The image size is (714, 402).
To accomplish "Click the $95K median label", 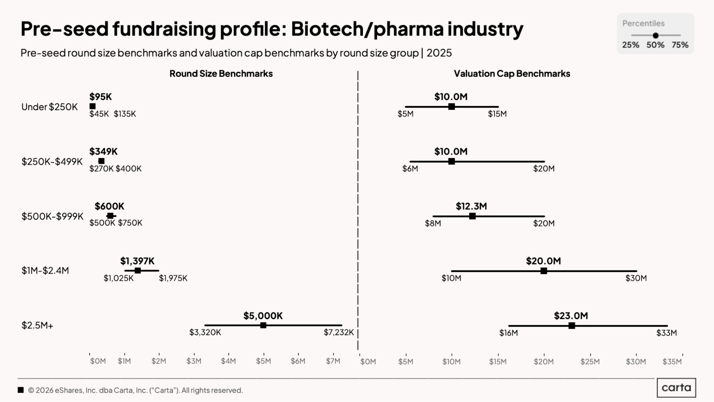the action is [100, 97].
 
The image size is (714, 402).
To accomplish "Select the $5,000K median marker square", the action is [263, 325].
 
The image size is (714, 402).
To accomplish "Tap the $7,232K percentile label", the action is [339, 332].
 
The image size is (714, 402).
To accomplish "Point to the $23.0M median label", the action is [571, 316].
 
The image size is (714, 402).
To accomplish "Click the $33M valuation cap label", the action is [666, 333].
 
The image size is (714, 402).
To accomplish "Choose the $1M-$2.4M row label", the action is [45, 271].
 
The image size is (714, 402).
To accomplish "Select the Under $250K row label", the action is [49, 107].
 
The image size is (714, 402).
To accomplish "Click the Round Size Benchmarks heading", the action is [221, 74].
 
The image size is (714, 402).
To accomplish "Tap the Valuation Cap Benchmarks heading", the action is [512, 74].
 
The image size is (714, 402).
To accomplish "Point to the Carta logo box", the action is [676, 388].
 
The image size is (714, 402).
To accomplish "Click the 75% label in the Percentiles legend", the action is [680, 45].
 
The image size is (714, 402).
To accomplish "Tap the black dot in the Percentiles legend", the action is [655, 35].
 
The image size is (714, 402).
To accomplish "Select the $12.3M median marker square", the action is [472, 216].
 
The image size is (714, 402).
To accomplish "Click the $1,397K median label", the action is [137, 261].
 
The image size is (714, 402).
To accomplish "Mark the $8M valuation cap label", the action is [433, 224].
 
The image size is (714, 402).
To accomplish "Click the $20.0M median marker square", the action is [544, 271].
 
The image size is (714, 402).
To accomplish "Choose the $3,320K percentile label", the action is [205, 332].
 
